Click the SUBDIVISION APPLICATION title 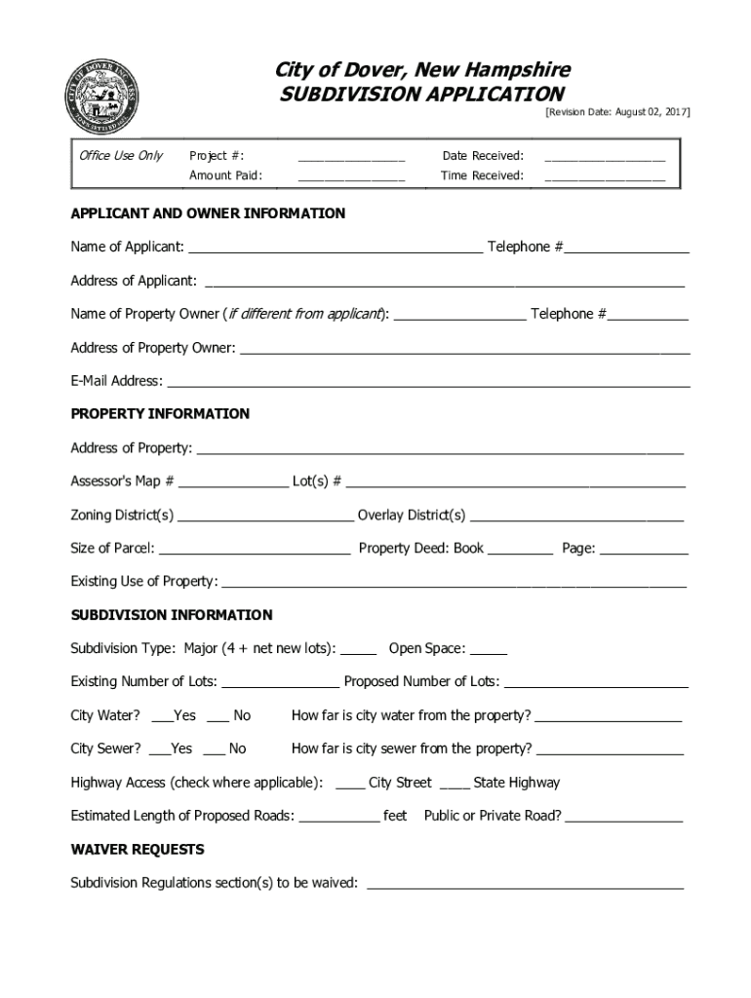click(x=421, y=94)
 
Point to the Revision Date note click(x=616, y=113)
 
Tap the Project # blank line click(x=351, y=157)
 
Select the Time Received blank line click(x=605, y=177)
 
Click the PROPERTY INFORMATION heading click(x=160, y=414)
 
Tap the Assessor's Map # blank click(x=233, y=483)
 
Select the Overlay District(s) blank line click(x=576, y=518)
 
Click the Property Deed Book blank click(x=520, y=551)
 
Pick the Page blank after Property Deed click(x=643, y=551)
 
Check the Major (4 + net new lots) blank click(x=358, y=651)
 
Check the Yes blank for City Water click(x=162, y=718)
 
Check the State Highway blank click(x=455, y=786)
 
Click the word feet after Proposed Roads click(x=395, y=816)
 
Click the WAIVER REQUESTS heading click(x=138, y=850)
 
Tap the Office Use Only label click(x=121, y=156)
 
